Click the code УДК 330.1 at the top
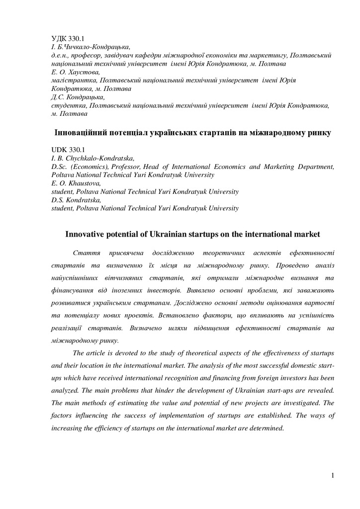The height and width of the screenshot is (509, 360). [68, 38]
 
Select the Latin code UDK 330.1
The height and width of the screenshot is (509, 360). [68, 149]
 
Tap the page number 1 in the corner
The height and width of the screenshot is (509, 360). [332, 476]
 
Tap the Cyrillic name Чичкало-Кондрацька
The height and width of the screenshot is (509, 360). [94, 47]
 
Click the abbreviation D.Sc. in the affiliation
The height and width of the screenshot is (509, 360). [62, 167]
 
